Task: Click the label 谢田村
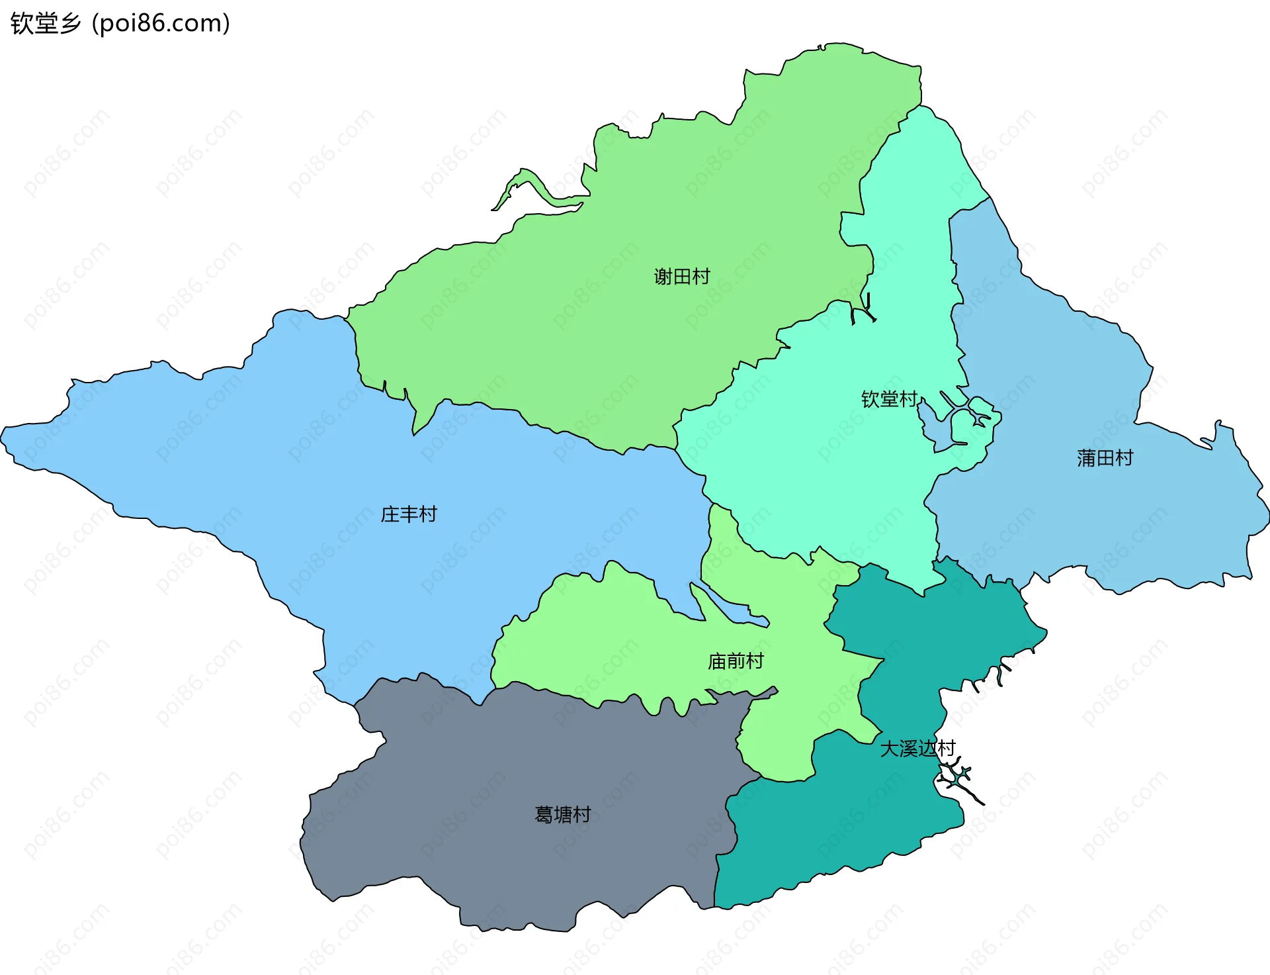(682, 276)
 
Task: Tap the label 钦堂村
(889, 399)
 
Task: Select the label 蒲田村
(1105, 458)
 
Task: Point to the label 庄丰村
(409, 514)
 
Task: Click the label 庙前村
(736, 661)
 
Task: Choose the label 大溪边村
(917, 749)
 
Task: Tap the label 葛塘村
(563, 815)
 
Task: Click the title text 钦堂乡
(46, 23)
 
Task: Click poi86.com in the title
(161, 23)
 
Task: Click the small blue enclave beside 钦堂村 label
(934, 424)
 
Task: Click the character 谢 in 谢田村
(663, 276)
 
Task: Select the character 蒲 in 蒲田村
(1086, 458)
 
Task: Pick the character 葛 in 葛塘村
(544, 815)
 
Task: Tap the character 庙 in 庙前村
(717, 661)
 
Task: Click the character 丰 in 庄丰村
(409, 514)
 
